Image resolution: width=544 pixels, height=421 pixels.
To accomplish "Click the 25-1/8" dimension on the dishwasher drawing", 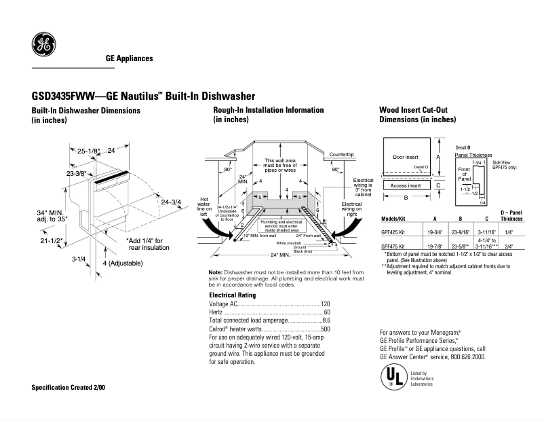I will pyautogui.click(x=88, y=151).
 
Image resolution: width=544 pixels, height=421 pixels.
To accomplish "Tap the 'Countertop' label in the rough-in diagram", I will pyautogui.click(x=343, y=155).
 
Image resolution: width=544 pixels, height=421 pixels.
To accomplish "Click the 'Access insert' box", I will pyautogui.click(x=406, y=185).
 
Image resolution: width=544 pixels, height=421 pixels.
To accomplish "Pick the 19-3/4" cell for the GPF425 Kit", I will pyautogui.click(x=434, y=232).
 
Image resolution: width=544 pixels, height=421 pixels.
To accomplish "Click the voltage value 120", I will pyautogui.click(x=325, y=304).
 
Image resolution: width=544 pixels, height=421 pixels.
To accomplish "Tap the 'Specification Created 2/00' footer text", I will pyautogui.click(x=69, y=387).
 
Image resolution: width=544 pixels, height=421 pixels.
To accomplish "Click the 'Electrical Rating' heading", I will pyautogui.click(x=232, y=295).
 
